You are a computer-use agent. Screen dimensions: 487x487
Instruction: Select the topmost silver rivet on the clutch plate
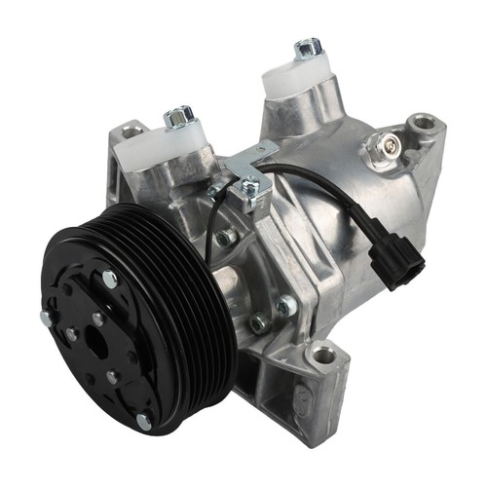[109, 280]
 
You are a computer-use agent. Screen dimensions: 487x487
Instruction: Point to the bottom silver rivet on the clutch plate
[143, 421]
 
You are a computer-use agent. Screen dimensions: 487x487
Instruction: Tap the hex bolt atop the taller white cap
[308, 47]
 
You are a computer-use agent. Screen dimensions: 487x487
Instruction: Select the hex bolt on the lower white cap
[178, 118]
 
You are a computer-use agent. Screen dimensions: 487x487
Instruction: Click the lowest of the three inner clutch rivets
[109, 376]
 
